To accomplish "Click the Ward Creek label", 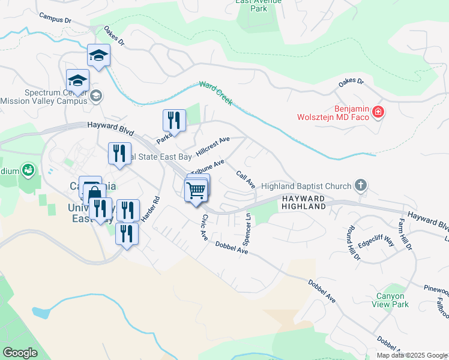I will coord(215,93).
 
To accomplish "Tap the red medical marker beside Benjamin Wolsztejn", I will coord(378,111).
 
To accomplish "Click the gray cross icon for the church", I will coord(360,185).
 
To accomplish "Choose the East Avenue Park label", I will coord(259,5).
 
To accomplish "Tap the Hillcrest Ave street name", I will coord(213,144).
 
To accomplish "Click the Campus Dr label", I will coord(55,19).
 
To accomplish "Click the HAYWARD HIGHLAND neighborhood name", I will coord(303,202).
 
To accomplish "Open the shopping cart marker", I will coord(196,191).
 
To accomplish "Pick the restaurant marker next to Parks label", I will coord(174,120).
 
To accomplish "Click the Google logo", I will coord(20,353).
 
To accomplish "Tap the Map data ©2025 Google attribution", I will coord(411,355).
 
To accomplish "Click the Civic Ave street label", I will coord(205,228).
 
